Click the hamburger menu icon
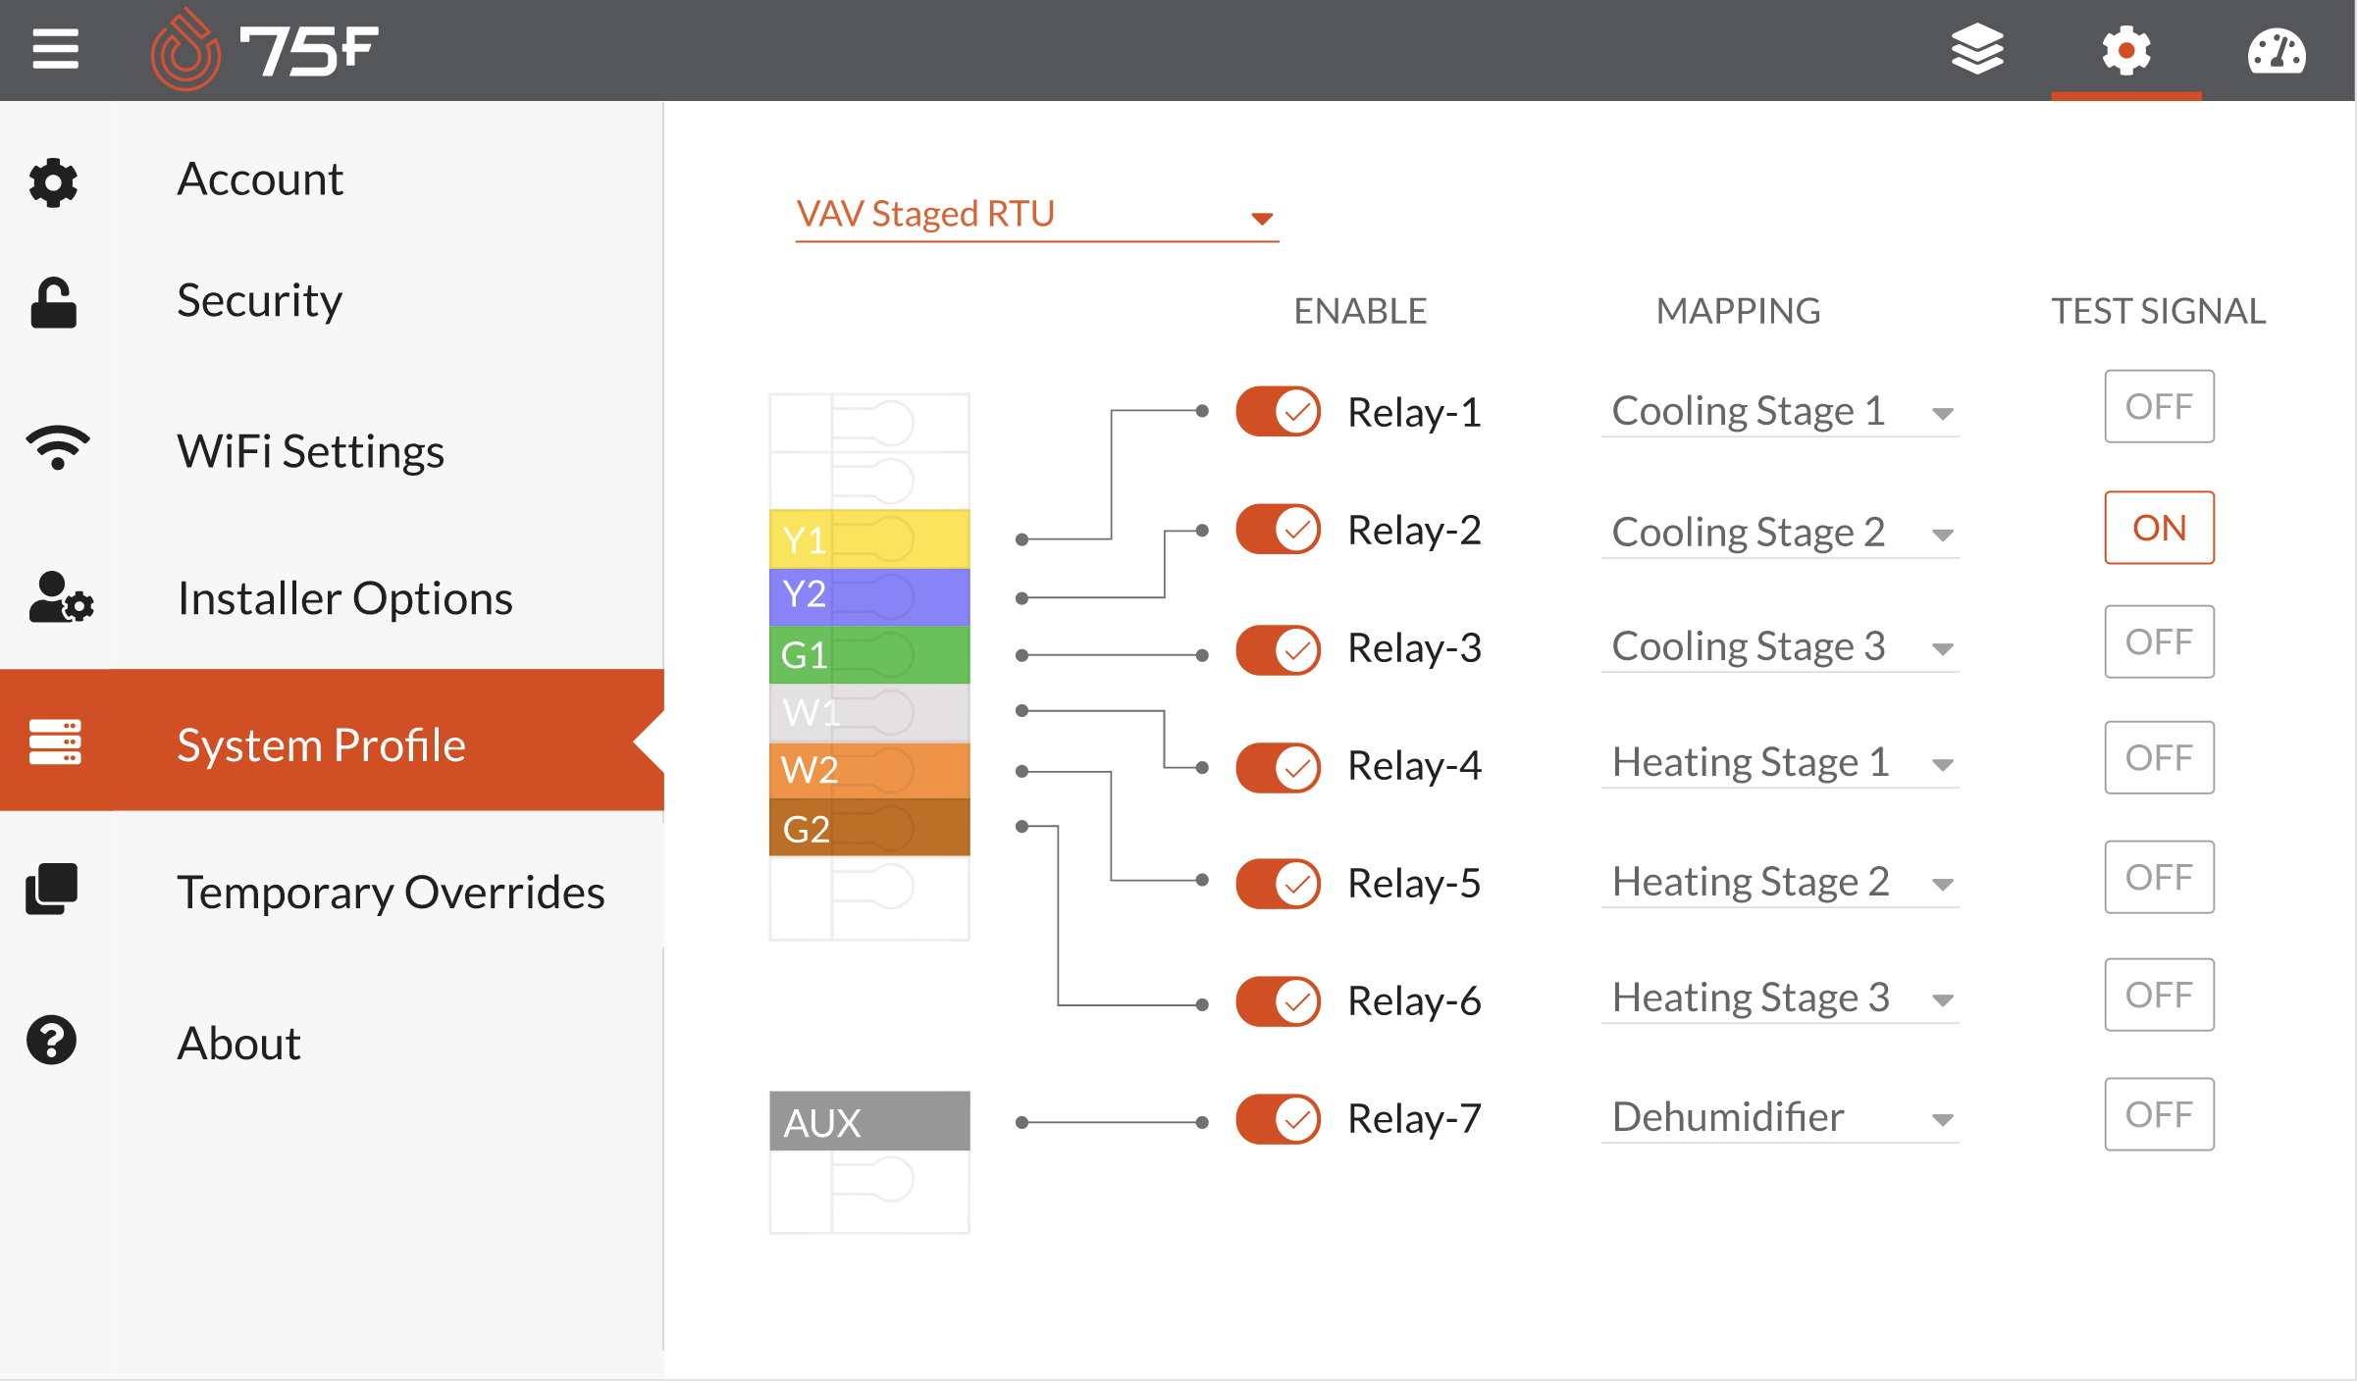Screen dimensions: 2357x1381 click(x=55, y=49)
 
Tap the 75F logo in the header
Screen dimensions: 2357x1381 click(x=264, y=49)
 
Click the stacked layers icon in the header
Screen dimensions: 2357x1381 click(x=1977, y=49)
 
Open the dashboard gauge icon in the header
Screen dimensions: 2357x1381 click(x=2277, y=51)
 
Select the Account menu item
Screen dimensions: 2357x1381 click(x=259, y=179)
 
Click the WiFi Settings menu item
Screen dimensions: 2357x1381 click(x=310, y=451)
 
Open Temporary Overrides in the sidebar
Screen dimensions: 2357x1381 click(x=391, y=892)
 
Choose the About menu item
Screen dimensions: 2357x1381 click(x=238, y=1042)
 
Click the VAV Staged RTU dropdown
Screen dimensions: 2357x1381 click(x=1036, y=214)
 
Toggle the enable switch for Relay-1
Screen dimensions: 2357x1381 click(x=1278, y=411)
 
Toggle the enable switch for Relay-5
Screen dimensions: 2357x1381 click(x=1278, y=883)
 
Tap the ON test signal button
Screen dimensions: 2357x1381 click(x=2159, y=528)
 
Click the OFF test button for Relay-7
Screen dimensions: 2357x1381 click(x=2159, y=1114)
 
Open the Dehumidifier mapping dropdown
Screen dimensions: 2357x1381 click(x=1780, y=1117)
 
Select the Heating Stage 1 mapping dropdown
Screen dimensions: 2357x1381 click(x=1780, y=763)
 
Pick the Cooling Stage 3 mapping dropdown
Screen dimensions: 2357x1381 click(x=1780, y=647)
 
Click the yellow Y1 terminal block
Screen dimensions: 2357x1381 click(x=869, y=538)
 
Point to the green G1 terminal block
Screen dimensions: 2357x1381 click(x=869, y=654)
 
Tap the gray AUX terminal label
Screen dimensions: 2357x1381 click(x=869, y=1121)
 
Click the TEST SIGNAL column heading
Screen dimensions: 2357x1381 click(x=2159, y=311)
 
